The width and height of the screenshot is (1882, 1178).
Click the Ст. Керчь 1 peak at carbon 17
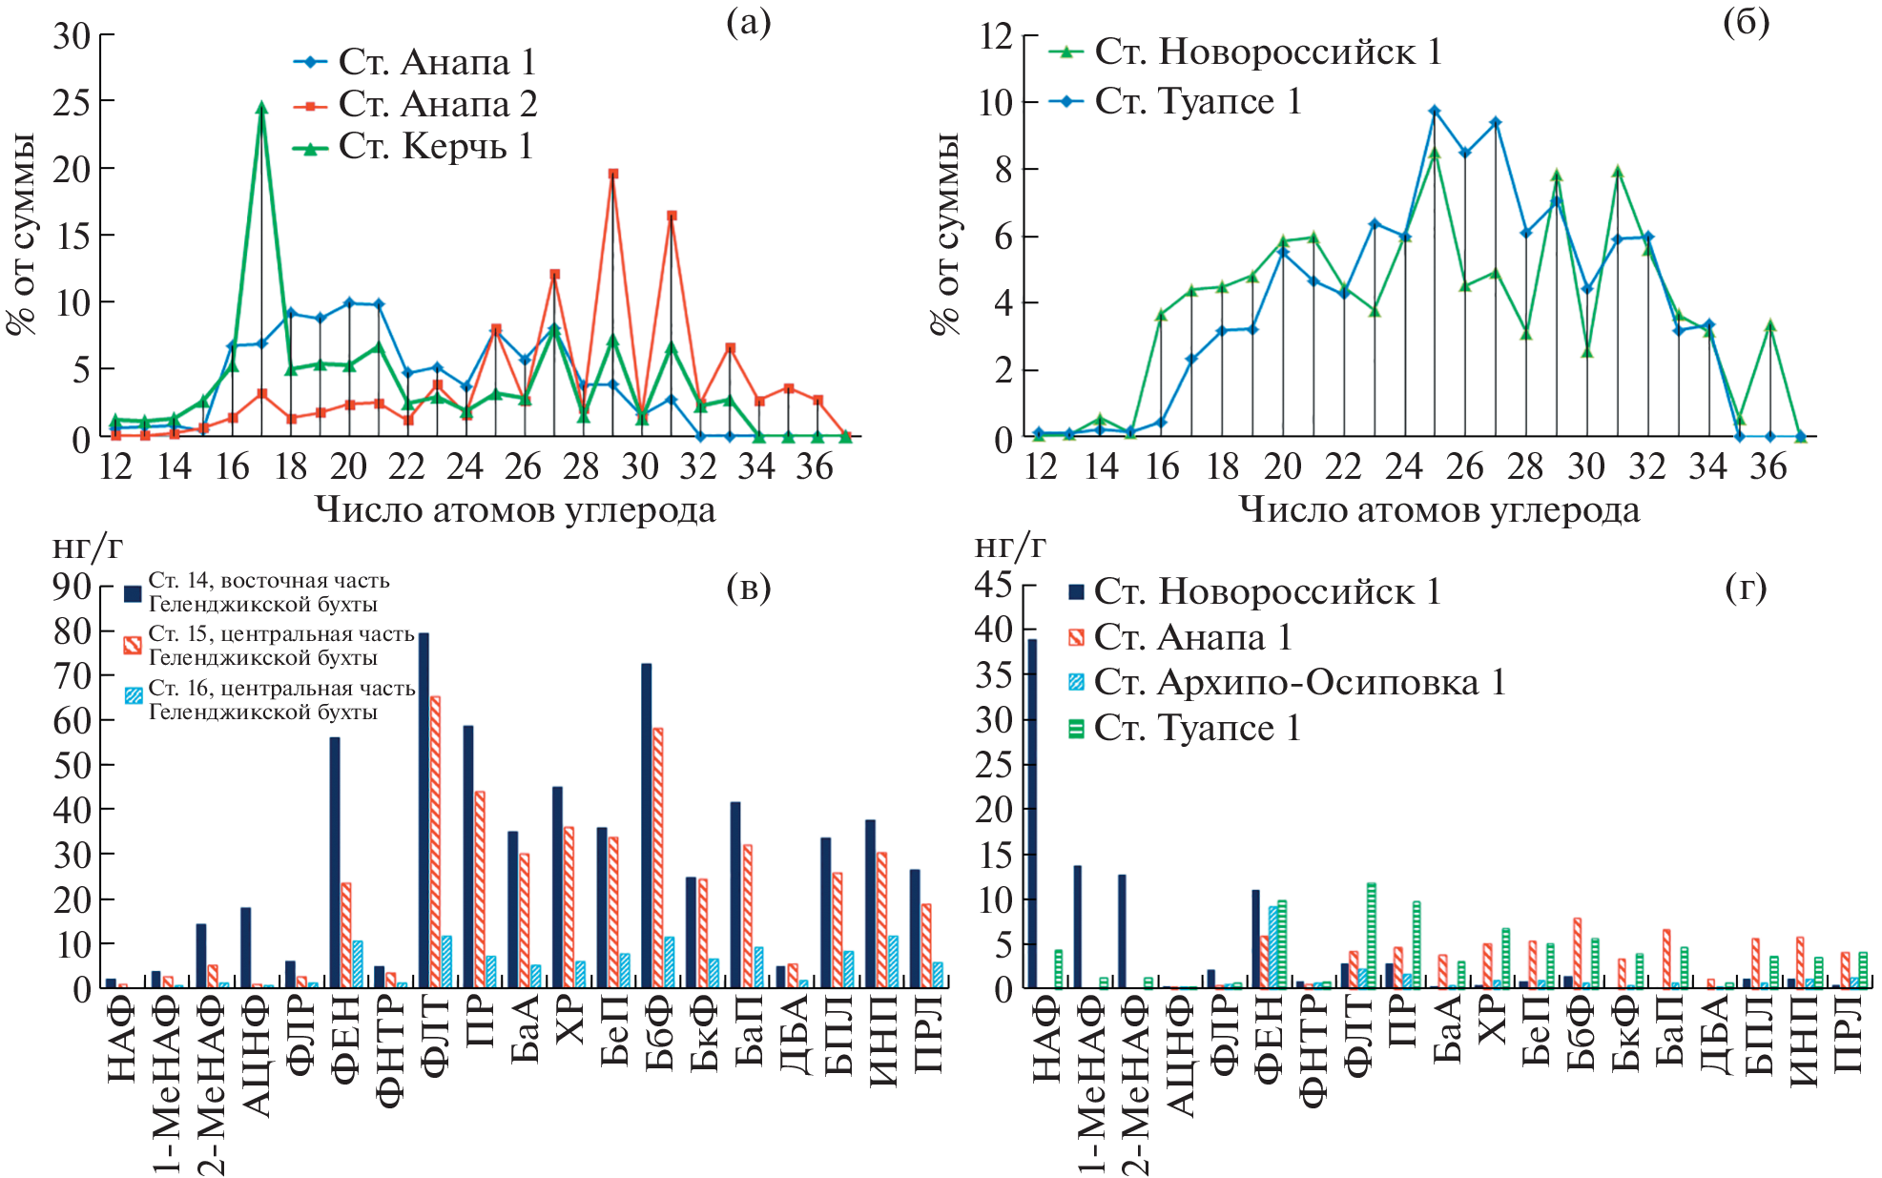261,108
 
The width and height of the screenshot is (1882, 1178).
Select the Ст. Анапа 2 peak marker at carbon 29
612,174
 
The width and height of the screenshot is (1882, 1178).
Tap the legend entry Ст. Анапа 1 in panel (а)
436,62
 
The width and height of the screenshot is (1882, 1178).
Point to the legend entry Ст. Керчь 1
434,147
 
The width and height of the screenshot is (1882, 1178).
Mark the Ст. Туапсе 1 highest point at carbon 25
1434,112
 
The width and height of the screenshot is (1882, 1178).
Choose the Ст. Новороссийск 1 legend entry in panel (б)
1267,52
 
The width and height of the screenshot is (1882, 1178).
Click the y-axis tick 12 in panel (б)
996,36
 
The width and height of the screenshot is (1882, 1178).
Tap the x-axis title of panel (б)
1438,510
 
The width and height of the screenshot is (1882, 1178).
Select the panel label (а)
748,22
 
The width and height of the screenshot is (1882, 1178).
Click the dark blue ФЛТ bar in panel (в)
424,809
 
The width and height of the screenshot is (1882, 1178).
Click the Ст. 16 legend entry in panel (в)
281,699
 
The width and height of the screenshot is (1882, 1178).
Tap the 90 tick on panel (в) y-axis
72,586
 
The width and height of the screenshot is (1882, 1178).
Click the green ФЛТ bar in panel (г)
1372,935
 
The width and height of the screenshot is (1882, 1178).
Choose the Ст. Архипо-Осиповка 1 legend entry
1298,682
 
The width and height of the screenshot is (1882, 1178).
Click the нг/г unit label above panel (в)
88,546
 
